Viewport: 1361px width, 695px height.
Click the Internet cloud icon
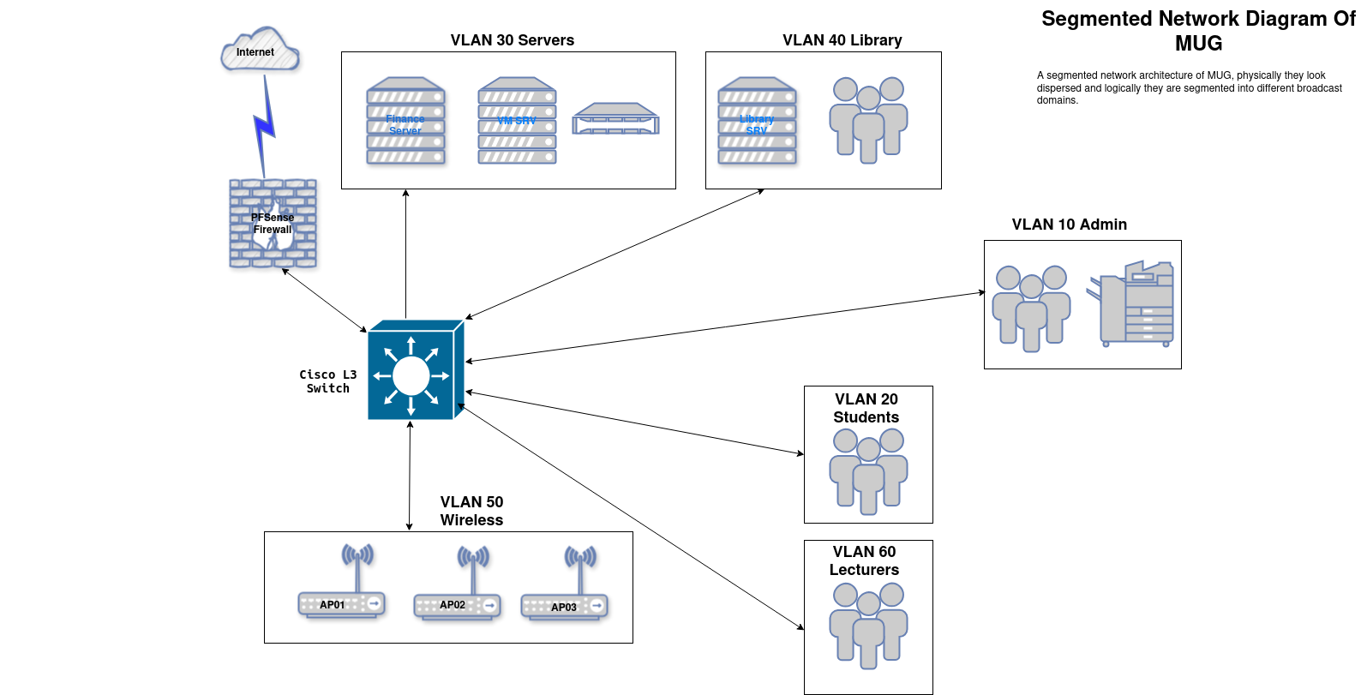[260, 51]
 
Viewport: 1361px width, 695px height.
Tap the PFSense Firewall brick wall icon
[273, 224]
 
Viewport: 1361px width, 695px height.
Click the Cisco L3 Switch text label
[327, 381]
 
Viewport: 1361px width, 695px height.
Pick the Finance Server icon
[405, 121]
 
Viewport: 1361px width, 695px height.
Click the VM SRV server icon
[517, 121]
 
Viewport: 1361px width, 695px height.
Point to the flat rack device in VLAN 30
[615, 119]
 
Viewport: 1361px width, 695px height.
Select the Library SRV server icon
[757, 121]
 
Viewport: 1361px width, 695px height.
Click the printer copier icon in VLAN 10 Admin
[1132, 304]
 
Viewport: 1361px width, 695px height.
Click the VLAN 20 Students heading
[866, 408]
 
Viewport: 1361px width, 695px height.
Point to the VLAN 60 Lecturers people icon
[868, 625]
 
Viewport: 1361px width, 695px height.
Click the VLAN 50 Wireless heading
[471, 511]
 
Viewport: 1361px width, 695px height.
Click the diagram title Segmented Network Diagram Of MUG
[1197, 31]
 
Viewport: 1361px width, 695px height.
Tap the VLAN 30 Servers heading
[512, 40]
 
